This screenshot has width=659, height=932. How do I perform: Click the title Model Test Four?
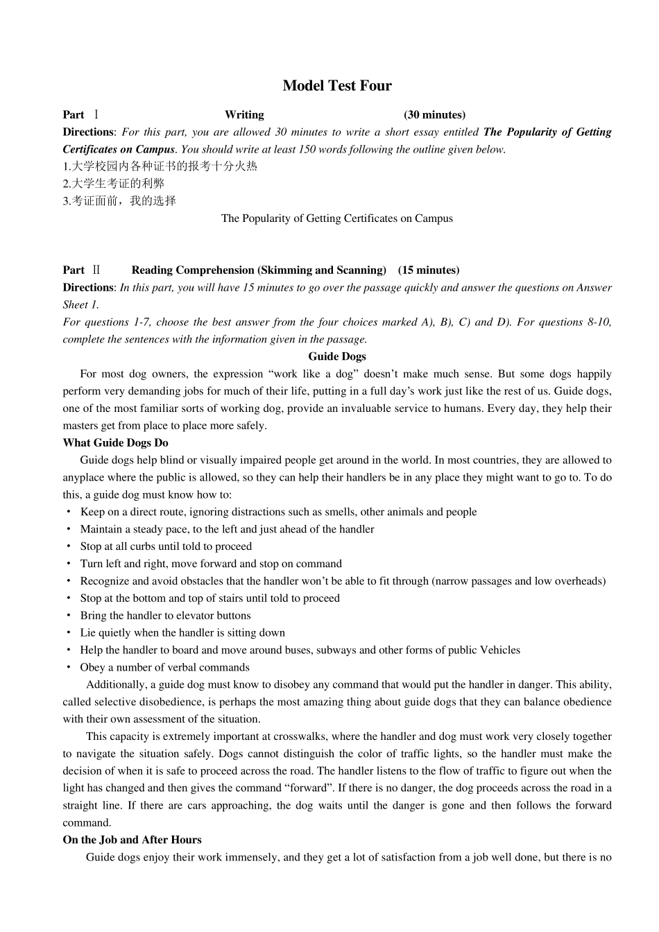point(337,86)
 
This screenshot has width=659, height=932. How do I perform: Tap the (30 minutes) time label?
point(434,115)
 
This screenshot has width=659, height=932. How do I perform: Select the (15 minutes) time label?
point(429,270)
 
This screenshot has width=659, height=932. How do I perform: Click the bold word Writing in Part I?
point(244,115)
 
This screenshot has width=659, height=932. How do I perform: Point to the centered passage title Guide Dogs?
point(337,356)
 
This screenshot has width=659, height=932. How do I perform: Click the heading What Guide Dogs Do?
point(115,443)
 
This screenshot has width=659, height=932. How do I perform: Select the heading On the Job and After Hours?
point(132,840)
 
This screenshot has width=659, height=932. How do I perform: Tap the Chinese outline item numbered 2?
point(114,184)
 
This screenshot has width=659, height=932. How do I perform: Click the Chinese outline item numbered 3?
point(119,201)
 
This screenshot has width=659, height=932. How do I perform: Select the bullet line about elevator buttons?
point(165,616)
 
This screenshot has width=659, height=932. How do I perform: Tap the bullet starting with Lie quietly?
point(182,633)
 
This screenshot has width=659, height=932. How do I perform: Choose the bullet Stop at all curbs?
point(166,546)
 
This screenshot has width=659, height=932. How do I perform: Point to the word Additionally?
point(115,684)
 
